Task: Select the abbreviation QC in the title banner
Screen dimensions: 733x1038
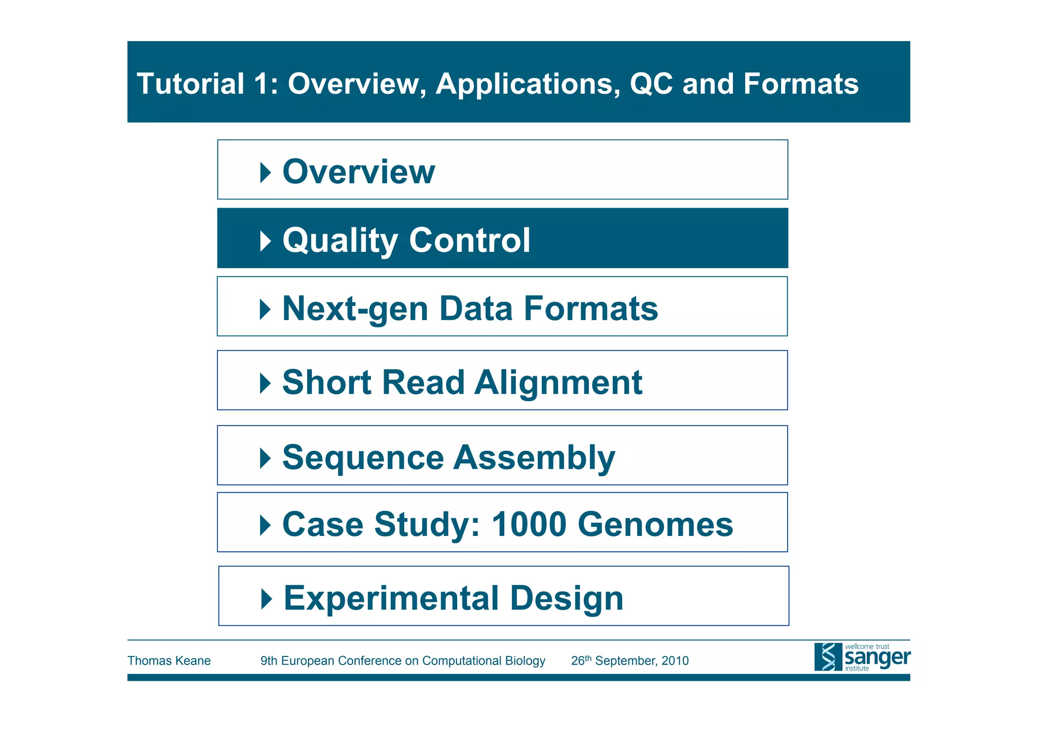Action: coord(651,84)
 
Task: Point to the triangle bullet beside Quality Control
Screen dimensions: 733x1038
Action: coord(265,241)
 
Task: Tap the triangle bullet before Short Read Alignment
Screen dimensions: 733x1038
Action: coord(265,383)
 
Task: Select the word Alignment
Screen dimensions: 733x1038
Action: coord(558,382)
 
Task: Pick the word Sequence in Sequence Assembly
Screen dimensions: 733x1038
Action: coord(363,457)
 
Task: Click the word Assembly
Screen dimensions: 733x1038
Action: coord(534,457)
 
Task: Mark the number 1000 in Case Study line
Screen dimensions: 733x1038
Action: coord(529,524)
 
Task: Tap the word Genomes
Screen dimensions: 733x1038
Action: coord(655,524)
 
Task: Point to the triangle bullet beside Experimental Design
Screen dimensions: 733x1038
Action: coord(266,599)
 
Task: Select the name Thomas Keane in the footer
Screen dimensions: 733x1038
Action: coord(169,661)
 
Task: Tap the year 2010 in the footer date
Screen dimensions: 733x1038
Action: coord(675,661)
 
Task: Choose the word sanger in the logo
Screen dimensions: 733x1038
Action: coord(877,658)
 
